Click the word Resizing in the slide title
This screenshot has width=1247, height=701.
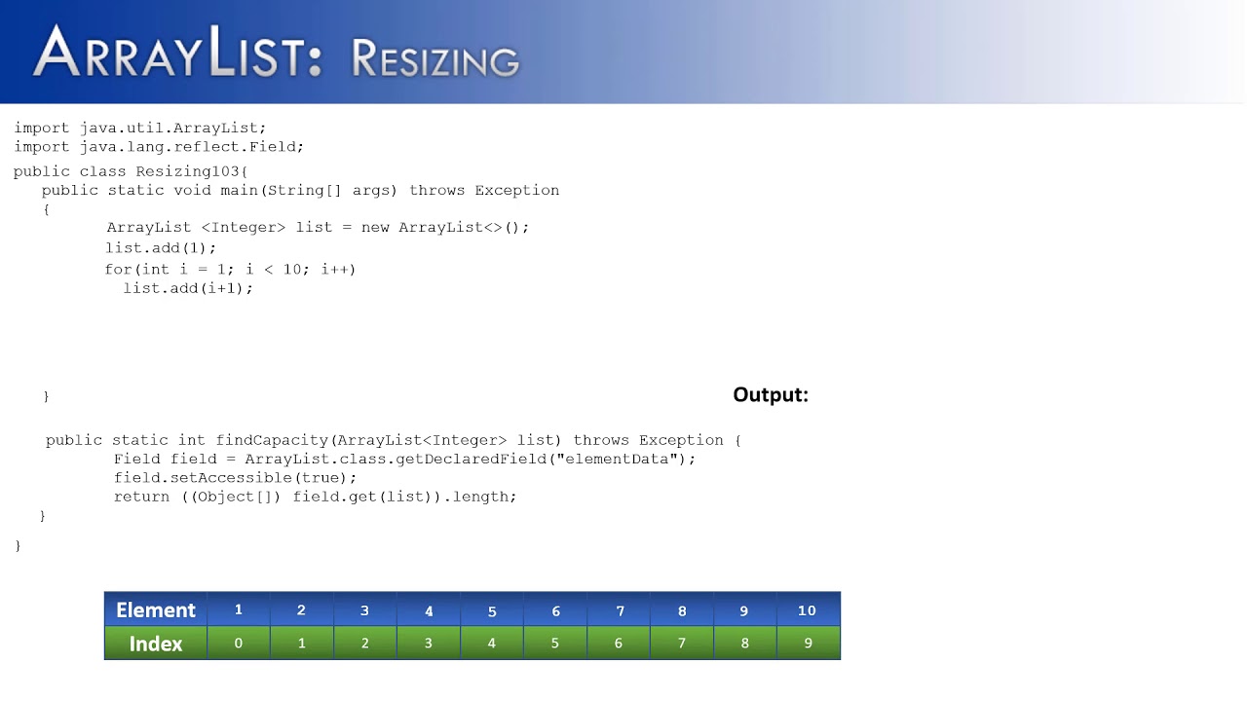[x=435, y=59]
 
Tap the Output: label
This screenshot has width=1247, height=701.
[x=771, y=394]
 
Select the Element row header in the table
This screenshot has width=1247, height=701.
[x=156, y=610]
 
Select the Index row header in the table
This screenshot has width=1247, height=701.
[x=156, y=644]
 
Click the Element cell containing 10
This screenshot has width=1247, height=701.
[x=807, y=610]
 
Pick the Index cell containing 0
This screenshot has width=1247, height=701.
[x=239, y=644]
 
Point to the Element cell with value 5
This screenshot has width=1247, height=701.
[x=492, y=611]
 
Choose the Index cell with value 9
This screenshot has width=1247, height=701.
[x=808, y=644]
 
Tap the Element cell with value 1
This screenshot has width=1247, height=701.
[x=239, y=610]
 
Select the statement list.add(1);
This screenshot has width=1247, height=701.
[x=161, y=247]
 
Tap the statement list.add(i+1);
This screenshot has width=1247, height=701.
[x=188, y=288]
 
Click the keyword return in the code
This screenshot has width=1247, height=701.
[x=141, y=497]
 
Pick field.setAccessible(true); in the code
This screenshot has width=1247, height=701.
[x=235, y=478]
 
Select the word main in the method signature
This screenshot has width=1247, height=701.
[x=239, y=190]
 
